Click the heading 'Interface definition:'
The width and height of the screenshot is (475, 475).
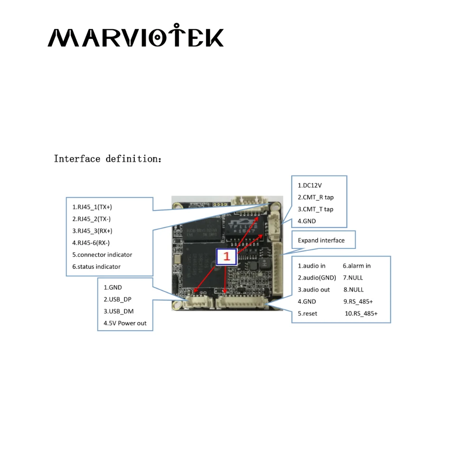(108, 159)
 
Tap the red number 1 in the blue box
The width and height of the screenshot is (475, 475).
(227, 256)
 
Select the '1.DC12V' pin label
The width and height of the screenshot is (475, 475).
(306, 185)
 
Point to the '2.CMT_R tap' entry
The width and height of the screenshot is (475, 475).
(315, 197)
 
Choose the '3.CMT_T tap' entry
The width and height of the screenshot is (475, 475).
(315, 209)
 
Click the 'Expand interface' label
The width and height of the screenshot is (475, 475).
(321, 240)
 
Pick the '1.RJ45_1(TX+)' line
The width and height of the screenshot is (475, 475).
(92, 207)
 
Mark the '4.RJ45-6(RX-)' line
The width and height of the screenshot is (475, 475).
(91, 243)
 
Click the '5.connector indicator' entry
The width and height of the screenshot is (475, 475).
(102, 255)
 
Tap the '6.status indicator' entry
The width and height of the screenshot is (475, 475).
(96, 266)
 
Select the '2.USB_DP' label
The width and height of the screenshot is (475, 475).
(117, 299)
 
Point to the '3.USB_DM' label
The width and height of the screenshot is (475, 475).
(118, 311)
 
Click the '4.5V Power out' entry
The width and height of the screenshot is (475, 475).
(125, 323)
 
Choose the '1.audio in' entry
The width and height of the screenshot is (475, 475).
(312, 266)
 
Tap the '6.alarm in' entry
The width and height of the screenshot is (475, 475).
(357, 266)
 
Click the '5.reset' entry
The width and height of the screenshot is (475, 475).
(307, 313)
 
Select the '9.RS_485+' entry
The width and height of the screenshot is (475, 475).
(358, 302)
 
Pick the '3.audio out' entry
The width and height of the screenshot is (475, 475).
(313, 290)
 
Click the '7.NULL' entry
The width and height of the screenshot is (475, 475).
(353, 278)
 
